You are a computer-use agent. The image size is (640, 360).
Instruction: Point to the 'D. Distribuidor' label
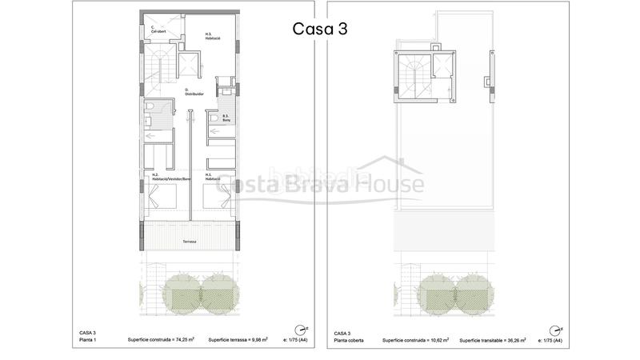[x=194, y=91]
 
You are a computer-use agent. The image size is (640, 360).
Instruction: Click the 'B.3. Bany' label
[x=226, y=118]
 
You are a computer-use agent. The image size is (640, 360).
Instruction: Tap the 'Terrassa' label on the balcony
[x=190, y=241]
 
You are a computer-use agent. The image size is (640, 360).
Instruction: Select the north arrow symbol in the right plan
[x=554, y=329]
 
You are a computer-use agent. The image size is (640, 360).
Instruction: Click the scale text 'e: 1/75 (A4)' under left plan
[x=290, y=339]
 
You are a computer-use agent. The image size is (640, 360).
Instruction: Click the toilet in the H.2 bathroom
[x=150, y=111]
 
